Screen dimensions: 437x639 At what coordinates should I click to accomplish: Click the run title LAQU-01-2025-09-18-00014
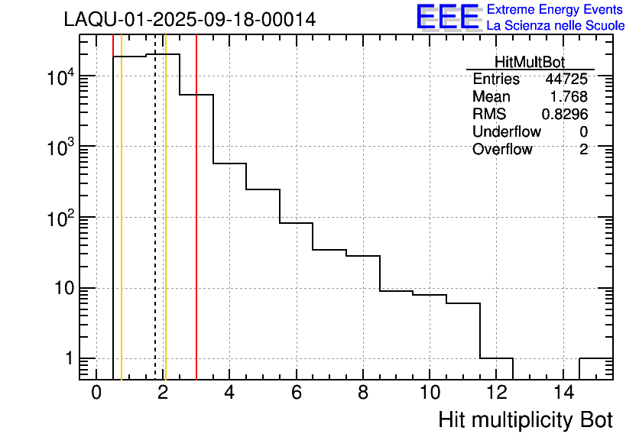[190, 20]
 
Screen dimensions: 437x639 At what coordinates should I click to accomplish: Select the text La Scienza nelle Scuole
[556, 25]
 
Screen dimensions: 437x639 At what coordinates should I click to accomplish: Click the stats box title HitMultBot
[530, 63]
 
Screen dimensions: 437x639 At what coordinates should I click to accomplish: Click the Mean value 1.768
[569, 97]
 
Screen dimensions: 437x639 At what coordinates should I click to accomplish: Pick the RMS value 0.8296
[565, 115]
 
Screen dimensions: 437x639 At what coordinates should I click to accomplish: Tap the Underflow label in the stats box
[506, 132]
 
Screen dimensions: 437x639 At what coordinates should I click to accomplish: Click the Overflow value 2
[583, 150]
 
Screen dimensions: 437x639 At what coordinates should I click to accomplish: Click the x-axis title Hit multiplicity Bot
[525, 420]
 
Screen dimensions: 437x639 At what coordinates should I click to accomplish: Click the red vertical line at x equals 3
[196, 229]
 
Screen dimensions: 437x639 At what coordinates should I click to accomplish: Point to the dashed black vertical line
[155, 229]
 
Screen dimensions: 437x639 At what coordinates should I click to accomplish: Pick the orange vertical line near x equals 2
[165, 229]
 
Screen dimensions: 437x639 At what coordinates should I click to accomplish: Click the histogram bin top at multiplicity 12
[496, 358]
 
